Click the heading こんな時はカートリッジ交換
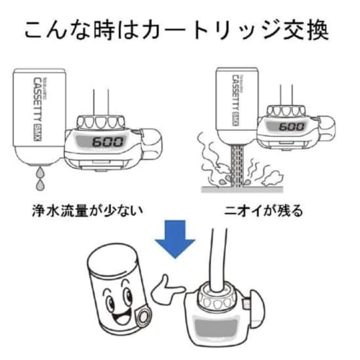(179, 30)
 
